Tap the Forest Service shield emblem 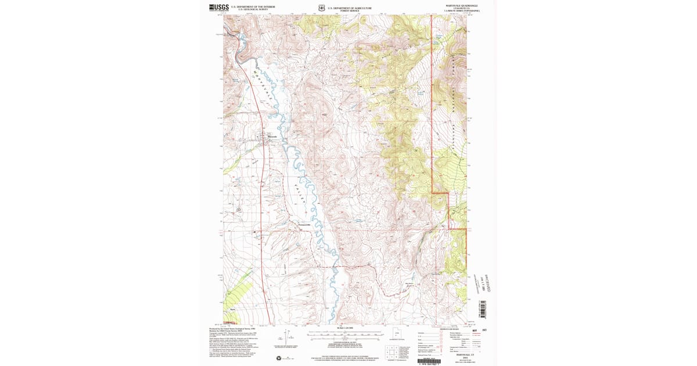click(321, 8)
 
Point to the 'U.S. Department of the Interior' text click(253, 6)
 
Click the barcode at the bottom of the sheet click(429, 360)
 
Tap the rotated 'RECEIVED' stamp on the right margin click(481, 281)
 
